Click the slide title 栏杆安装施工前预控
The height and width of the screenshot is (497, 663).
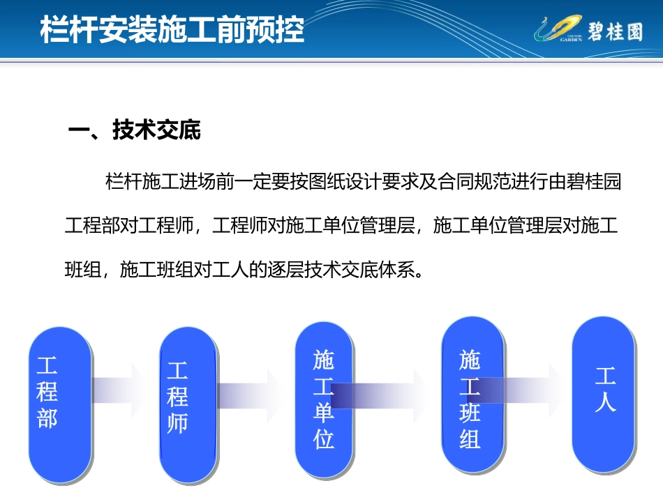point(172,31)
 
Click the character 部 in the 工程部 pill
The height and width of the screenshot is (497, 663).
point(47,417)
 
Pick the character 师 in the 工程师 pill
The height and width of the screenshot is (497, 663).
point(178,422)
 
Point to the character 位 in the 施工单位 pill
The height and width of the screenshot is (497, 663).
point(325,439)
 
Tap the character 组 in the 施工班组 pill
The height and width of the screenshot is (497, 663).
point(470,439)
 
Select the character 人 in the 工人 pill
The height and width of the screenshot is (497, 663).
point(605,403)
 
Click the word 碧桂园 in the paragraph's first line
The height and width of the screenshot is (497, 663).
point(593,183)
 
